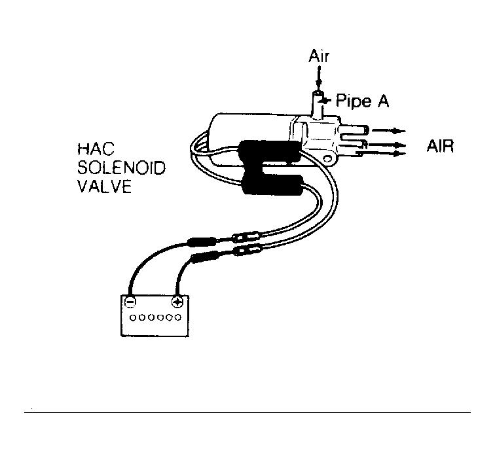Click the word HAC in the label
(96, 149)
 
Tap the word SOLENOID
(122, 168)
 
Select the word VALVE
(105, 187)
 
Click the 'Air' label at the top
(319, 56)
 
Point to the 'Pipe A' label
(363, 101)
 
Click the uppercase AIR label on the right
(440, 146)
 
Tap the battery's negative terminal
(130, 302)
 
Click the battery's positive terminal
(177, 302)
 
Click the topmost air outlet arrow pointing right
(389, 131)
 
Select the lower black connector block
(272, 185)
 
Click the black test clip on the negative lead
(202, 242)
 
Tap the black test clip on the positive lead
(205, 256)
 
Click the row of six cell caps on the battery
(156, 317)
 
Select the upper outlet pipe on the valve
(354, 130)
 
